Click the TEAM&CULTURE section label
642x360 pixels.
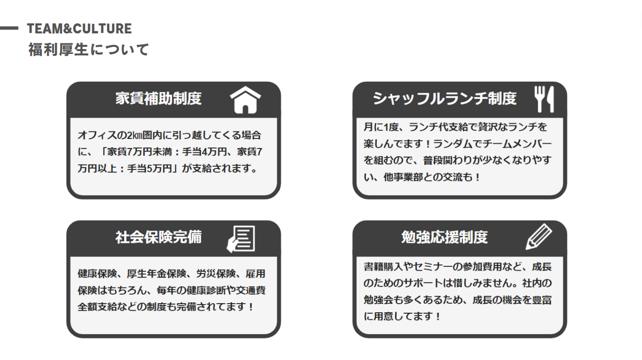(x=79, y=29)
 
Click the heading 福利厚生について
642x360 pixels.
(x=88, y=49)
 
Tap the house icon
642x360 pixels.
(x=245, y=99)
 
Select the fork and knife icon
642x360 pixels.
(x=544, y=99)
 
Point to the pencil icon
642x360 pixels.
(x=539, y=237)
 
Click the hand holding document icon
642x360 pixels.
(x=241, y=239)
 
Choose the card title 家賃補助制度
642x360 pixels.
(x=158, y=98)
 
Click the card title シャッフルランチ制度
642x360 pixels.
(x=444, y=98)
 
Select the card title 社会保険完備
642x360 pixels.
(x=158, y=237)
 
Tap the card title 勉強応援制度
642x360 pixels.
(x=444, y=237)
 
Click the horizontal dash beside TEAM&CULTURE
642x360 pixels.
(x=9, y=29)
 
